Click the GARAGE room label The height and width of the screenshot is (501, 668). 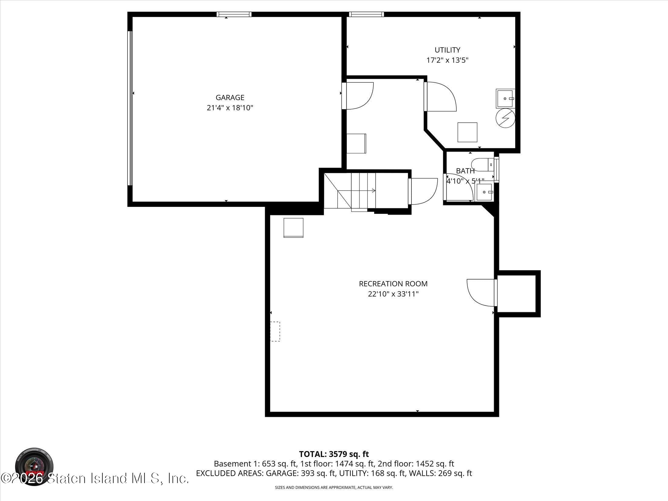(230, 97)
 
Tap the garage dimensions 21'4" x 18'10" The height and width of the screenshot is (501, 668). (230, 108)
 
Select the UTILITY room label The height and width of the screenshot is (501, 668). (447, 50)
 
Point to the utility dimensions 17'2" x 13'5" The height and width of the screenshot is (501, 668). (447, 60)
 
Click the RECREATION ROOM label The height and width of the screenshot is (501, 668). (393, 284)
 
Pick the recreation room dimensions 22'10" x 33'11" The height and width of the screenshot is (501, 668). (393, 294)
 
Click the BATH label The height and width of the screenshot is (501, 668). (465, 171)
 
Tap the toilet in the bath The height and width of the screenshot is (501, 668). (483, 164)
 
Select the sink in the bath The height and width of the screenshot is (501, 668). (485, 192)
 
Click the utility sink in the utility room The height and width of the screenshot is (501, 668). (505, 98)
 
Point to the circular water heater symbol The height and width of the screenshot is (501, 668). (505, 118)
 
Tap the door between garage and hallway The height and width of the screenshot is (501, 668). (358, 95)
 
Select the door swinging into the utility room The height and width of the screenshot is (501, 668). (440, 97)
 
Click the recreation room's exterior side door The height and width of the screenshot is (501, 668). (481, 292)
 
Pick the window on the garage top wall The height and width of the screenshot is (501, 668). (234, 14)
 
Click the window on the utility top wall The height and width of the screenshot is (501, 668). (366, 14)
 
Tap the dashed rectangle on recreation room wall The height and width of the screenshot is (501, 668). (275, 331)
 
